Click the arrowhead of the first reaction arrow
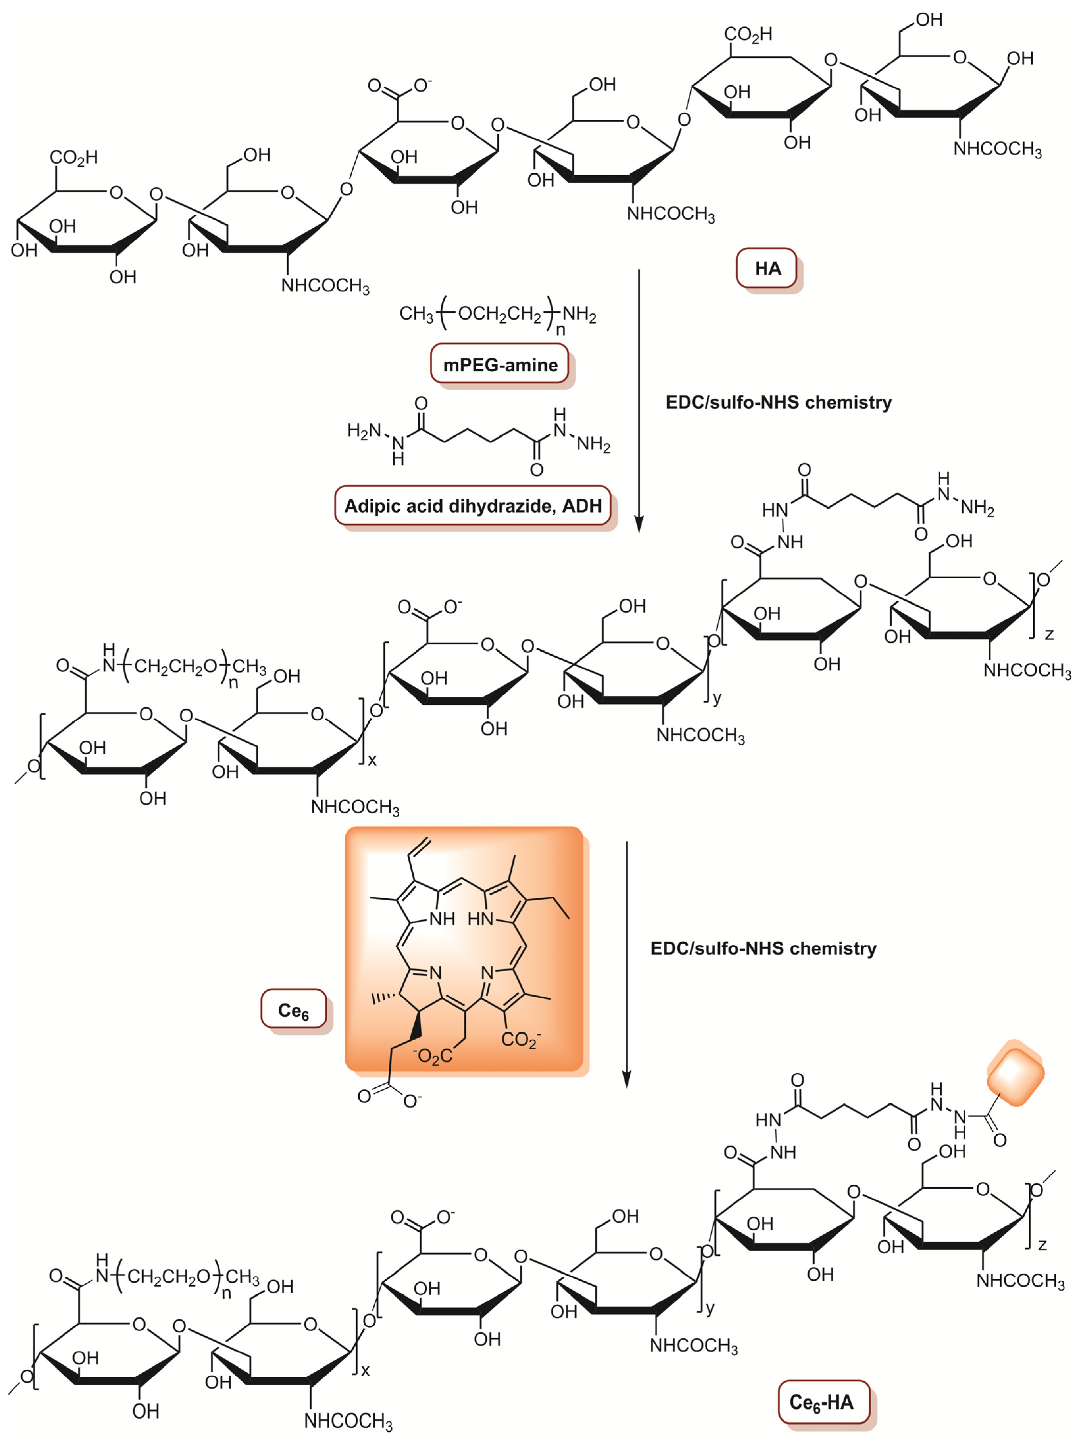(639, 524)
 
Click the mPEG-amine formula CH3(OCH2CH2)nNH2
(498, 315)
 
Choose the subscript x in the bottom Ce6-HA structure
(365, 1370)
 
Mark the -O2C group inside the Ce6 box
(432, 1056)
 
